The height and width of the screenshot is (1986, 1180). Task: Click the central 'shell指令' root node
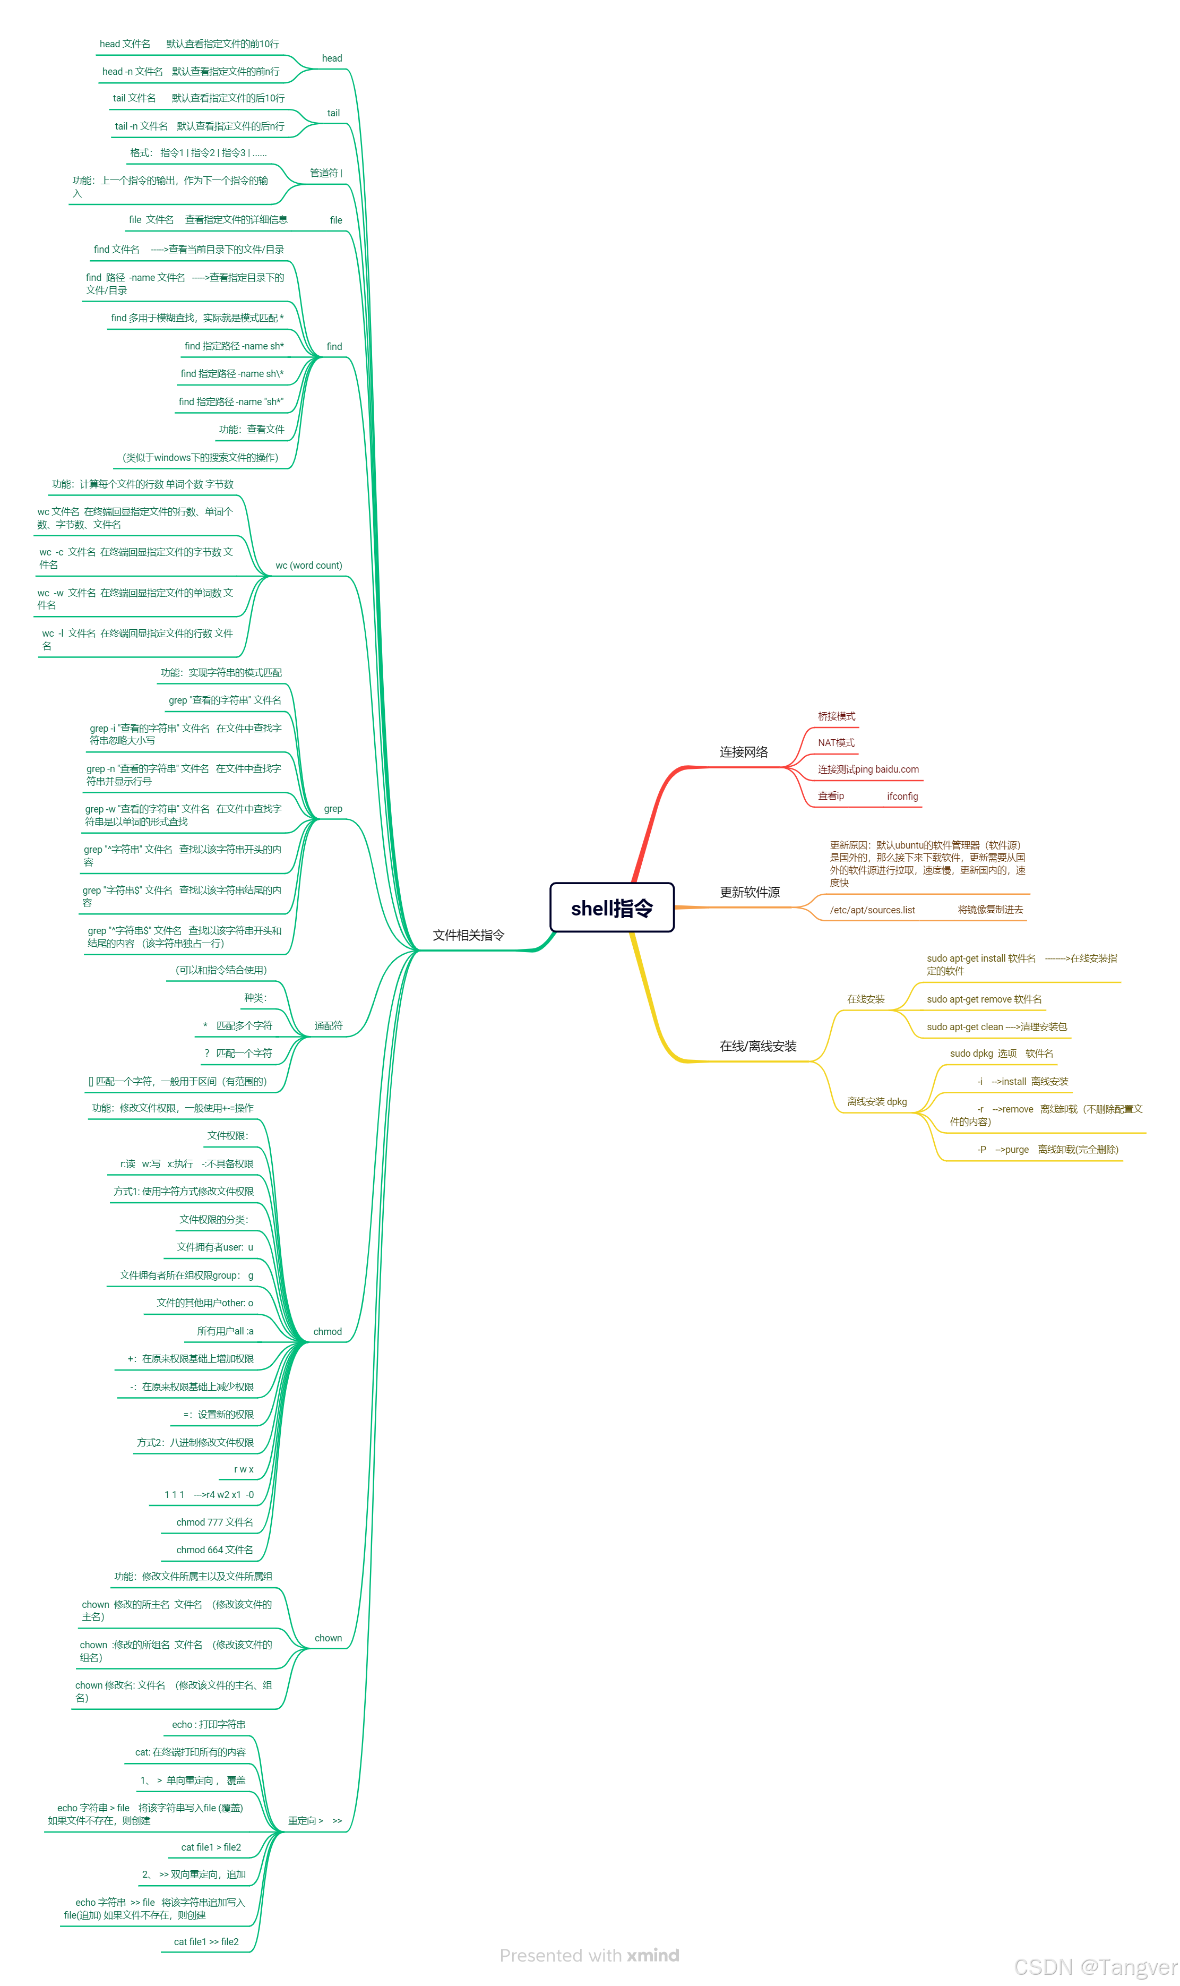(x=611, y=908)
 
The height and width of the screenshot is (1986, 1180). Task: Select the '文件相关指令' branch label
(x=468, y=935)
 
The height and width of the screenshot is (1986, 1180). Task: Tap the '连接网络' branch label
(x=744, y=751)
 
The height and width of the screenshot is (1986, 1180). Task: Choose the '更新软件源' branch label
(x=749, y=893)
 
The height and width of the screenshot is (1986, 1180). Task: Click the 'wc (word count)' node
(x=308, y=566)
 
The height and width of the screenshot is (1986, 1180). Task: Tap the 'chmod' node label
(x=327, y=1331)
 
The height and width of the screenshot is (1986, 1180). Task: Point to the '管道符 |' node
(x=326, y=173)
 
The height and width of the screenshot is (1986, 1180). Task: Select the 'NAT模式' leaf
(x=836, y=743)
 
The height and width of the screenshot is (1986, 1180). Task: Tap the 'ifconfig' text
(x=902, y=796)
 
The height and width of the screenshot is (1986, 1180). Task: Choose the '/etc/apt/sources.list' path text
(x=872, y=910)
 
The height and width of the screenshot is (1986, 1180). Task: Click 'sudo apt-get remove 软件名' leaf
(x=984, y=999)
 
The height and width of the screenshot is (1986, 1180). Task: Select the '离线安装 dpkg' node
(x=876, y=1101)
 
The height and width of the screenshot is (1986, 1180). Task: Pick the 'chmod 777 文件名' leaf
(x=214, y=1522)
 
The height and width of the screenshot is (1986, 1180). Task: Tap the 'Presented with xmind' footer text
(x=589, y=1955)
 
